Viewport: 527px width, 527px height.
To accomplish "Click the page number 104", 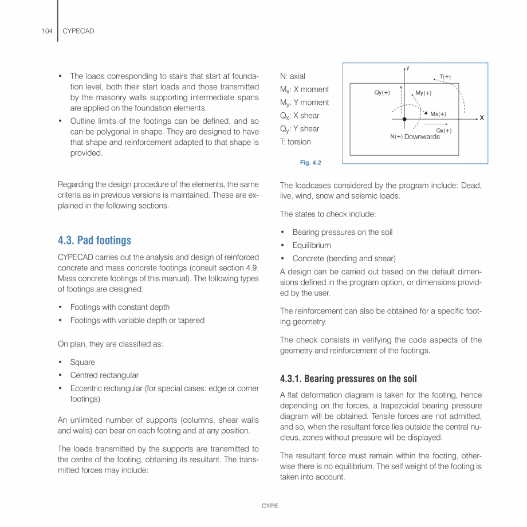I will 47,31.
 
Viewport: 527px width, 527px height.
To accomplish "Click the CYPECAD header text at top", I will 78,31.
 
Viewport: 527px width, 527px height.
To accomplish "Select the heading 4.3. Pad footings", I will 95,240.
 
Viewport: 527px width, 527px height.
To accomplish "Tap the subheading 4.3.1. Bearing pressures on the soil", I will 348,379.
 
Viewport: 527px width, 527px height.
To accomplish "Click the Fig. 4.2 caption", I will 310,163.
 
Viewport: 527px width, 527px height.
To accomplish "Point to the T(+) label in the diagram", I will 445,77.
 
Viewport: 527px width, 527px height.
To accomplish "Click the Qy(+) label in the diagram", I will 382,93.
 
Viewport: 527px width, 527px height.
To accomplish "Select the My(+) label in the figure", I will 423,93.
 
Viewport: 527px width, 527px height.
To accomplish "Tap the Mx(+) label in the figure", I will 438,114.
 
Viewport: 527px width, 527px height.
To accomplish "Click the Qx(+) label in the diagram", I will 443,131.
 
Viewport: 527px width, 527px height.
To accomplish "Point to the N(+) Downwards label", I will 415,137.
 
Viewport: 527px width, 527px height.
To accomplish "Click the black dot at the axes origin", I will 404,119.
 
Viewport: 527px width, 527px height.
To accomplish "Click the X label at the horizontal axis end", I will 482,118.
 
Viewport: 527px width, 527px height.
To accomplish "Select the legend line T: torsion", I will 296,142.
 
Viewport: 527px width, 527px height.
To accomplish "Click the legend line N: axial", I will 293,76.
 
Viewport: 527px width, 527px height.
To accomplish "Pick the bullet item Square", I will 82,362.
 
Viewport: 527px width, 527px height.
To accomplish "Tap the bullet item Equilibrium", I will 312,245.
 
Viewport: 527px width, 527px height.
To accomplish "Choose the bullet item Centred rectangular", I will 104,375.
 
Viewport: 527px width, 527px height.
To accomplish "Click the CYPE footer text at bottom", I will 270,506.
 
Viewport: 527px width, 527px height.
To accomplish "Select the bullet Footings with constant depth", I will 120,307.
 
